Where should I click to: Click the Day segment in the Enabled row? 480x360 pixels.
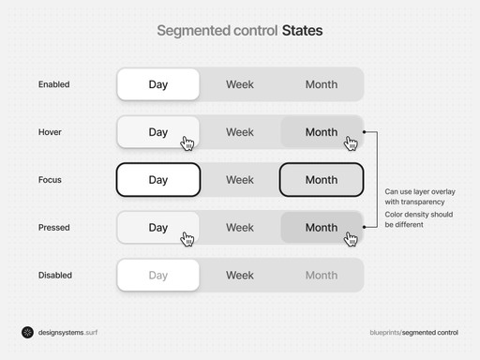pos(157,84)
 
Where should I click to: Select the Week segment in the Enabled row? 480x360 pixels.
pos(240,84)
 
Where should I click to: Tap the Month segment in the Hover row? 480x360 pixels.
pos(322,132)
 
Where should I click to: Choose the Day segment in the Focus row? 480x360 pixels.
pos(157,180)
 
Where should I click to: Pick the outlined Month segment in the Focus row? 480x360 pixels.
pos(322,180)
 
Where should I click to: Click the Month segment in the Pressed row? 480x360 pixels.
pos(322,228)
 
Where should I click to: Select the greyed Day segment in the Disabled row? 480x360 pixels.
pos(157,276)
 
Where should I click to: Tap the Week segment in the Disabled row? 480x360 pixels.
pos(240,276)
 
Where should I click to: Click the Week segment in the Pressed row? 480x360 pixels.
pos(240,228)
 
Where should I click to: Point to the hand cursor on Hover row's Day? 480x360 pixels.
pos(187,143)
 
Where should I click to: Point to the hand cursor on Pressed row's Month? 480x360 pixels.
pos(351,239)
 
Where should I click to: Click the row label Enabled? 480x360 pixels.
pos(53,84)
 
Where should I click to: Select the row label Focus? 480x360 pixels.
pos(50,180)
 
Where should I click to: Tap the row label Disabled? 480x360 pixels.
pos(54,276)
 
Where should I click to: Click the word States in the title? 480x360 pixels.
pos(303,31)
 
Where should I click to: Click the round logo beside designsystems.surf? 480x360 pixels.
pos(27,332)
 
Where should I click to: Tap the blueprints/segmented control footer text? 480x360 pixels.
pos(414,333)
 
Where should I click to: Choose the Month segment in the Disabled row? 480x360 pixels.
pos(322,276)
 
